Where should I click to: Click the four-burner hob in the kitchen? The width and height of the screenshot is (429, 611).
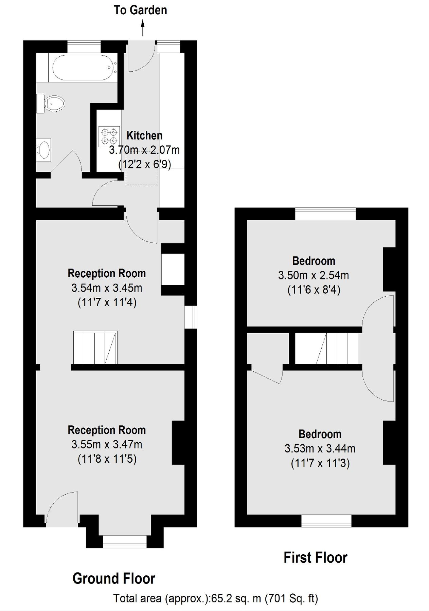109,136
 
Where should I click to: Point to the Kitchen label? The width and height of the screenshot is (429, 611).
144,135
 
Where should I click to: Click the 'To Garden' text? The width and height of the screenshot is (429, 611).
140,10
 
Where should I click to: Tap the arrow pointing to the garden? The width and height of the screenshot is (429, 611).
143,28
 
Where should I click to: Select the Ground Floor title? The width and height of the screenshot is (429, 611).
114,578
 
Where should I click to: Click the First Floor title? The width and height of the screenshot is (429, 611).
315,557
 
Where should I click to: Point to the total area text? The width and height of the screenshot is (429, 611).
215,598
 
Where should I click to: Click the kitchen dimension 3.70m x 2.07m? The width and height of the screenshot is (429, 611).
144,150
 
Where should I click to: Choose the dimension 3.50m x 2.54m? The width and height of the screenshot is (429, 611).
314,275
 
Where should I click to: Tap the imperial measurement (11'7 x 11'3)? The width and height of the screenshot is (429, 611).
320,463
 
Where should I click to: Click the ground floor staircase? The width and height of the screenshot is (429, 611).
95,348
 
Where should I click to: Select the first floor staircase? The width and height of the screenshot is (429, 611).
326,348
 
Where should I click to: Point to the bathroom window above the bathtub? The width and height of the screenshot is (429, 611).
84,47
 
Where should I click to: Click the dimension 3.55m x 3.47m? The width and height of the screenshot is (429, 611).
107,444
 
